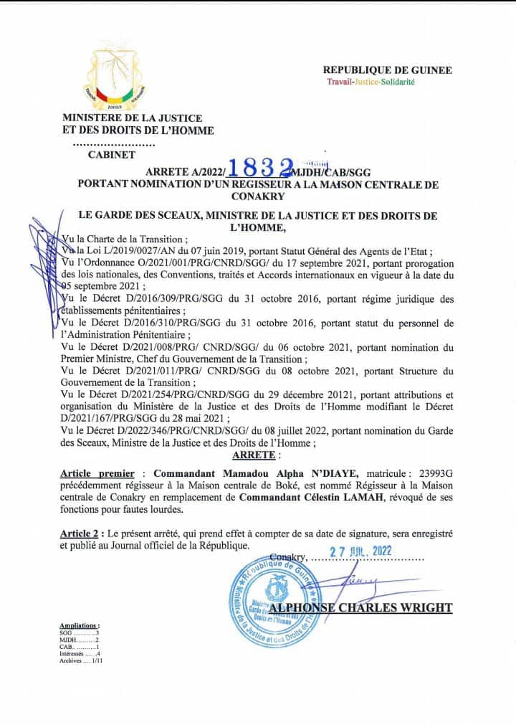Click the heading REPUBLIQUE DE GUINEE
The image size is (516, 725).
click(x=387, y=70)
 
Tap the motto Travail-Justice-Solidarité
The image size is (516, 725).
click(x=371, y=82)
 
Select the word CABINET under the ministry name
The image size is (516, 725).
click(x=111, y=154)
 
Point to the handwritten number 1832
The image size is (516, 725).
click(x=259, y=167)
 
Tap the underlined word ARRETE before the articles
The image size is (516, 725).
click(x=254, y=454)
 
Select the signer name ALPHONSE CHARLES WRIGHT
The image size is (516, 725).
click(x=371, y=608)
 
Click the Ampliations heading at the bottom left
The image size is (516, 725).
click(x=80, y=625)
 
